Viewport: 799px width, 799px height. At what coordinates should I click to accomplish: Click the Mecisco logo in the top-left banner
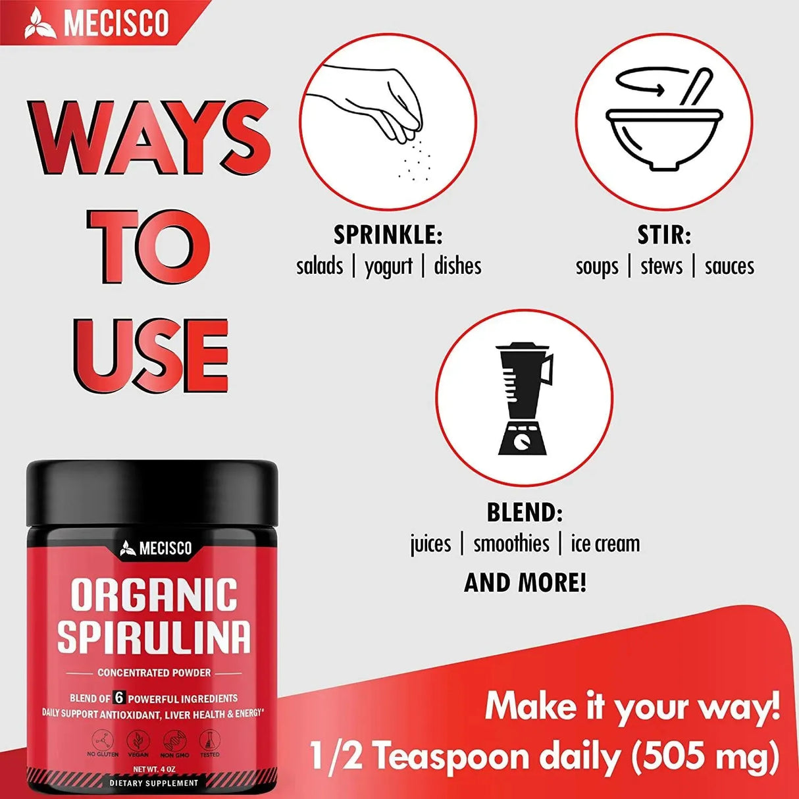tap(97, 23)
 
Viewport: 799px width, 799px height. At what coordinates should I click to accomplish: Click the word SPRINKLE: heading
tap(388, 235)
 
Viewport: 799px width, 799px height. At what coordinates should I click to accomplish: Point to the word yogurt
tap(388, 267)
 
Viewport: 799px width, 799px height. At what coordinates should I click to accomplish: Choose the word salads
tap(319, 267)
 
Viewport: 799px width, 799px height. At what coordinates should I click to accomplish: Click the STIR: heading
tap(663, 235)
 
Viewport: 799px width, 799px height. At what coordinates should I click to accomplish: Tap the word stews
tap(661, 267)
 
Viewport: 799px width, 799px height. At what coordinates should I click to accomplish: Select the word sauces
tap(729, 267)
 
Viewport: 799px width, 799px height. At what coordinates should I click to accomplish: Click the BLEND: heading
tap(525, 512)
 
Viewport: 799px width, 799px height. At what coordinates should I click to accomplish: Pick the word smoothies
tap(511, 544)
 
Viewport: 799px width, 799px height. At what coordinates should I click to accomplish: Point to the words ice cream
tap(605, 544)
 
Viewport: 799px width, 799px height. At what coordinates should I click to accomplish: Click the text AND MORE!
tap(525, 582)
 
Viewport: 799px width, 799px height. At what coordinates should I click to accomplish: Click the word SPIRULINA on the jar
tap(154, 636)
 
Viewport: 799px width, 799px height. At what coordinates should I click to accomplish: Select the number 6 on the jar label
tap(119, 698)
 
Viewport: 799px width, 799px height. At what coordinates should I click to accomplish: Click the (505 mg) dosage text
tap(705, 757)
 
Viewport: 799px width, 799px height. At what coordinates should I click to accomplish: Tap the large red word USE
tap(151, 355)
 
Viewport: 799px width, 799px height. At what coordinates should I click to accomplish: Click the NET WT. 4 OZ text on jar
tap(154, 769)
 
